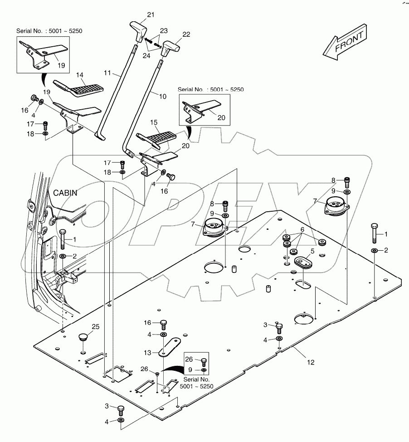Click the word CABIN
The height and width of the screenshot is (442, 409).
(x=66, y=192)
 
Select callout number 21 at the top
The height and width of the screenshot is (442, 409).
(x=150, y=15)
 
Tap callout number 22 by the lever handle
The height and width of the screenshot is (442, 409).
(x=186, y=34)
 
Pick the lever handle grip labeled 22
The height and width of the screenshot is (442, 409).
(x=171, y=46)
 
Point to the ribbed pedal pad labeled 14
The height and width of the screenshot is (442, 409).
(x=73, y=87)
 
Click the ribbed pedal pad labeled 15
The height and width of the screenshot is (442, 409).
(x=156, y=136)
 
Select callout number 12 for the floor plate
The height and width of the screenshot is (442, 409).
(x=310, y=362)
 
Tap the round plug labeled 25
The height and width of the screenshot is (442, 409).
(x=82, y=337)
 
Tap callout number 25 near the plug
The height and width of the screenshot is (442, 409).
(x=95, y=326)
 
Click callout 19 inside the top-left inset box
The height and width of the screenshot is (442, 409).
(x=61, y=65)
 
